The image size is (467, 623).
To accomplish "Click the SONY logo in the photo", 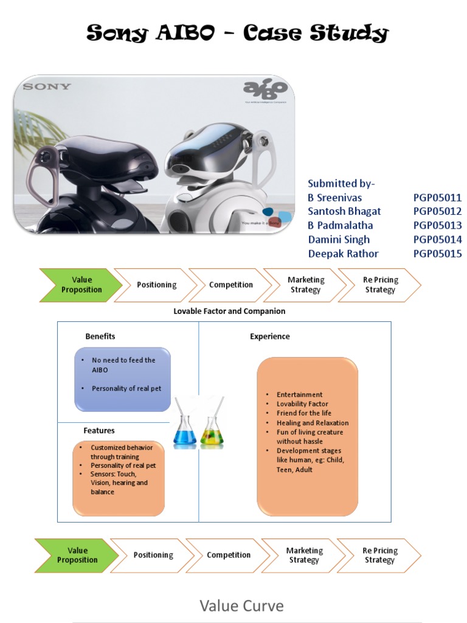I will click(47, 86).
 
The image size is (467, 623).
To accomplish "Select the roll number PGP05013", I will click(437, 225).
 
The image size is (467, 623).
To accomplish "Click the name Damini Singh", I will click(339, 240).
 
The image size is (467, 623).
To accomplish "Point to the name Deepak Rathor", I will click(343, 254).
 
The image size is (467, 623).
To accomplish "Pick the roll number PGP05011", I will click(437, 197).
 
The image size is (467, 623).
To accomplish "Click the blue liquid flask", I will click(184, 428).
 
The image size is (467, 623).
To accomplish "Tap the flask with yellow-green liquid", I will click(212, 429).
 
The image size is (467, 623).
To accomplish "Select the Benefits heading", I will click(100, 336).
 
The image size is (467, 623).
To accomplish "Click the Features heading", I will click(99, 430).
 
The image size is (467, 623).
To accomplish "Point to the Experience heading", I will click(270, 336).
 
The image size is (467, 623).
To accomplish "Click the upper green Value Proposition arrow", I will click(81, 285).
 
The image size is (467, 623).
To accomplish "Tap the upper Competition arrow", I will click(230, 285).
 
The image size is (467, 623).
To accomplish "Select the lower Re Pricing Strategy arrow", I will click(379, 555).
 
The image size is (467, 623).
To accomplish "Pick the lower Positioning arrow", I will click(153, 555).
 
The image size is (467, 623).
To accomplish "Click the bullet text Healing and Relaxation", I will click(313, 423).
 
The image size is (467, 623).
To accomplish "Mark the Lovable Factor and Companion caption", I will click(229, 311).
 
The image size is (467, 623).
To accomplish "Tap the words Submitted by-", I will click(342, 183).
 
